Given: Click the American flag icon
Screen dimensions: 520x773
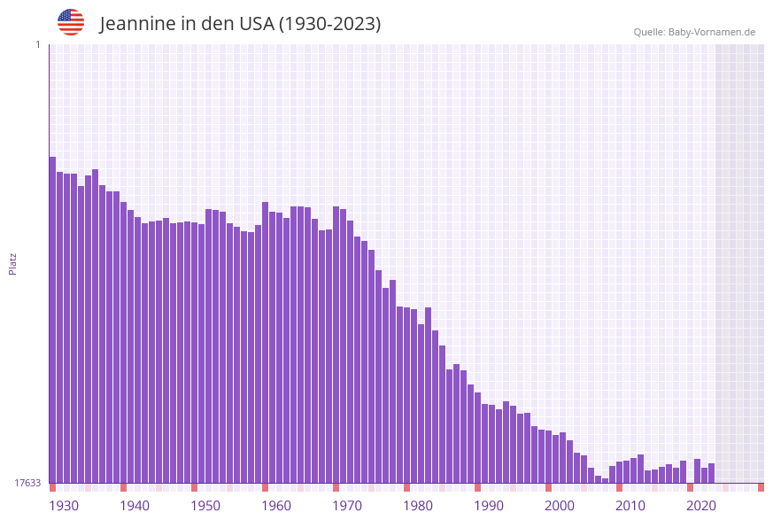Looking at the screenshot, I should [71, 22].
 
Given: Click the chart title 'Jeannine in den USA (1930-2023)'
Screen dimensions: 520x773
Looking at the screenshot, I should [240, 24].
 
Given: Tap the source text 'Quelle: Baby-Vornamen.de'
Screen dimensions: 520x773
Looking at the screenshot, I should [694, 32].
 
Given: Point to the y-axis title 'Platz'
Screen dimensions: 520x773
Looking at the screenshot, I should [12, 263].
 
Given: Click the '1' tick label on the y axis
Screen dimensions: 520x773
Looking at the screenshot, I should [37, 44].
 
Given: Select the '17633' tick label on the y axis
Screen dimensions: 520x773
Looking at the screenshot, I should [27, 483].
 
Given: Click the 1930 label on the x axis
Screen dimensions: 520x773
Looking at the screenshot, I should [64, 506].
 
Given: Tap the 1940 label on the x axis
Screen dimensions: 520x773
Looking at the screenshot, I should [135, 506].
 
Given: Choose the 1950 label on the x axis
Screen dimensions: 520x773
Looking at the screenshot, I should [205, 506].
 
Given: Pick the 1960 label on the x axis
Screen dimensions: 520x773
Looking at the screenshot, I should [276, 506].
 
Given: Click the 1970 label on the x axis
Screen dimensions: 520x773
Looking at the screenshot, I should [347, 506].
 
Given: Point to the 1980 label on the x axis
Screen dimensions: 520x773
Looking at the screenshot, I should [418, 506].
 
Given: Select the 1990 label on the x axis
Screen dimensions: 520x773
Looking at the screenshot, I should [489, 506].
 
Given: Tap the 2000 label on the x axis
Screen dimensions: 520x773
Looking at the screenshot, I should [560, 506].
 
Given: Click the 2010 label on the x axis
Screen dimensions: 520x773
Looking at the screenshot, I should [630, 506].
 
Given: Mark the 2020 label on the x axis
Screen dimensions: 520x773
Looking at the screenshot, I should [701, 506].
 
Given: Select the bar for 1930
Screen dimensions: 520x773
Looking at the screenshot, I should [52, 319].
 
